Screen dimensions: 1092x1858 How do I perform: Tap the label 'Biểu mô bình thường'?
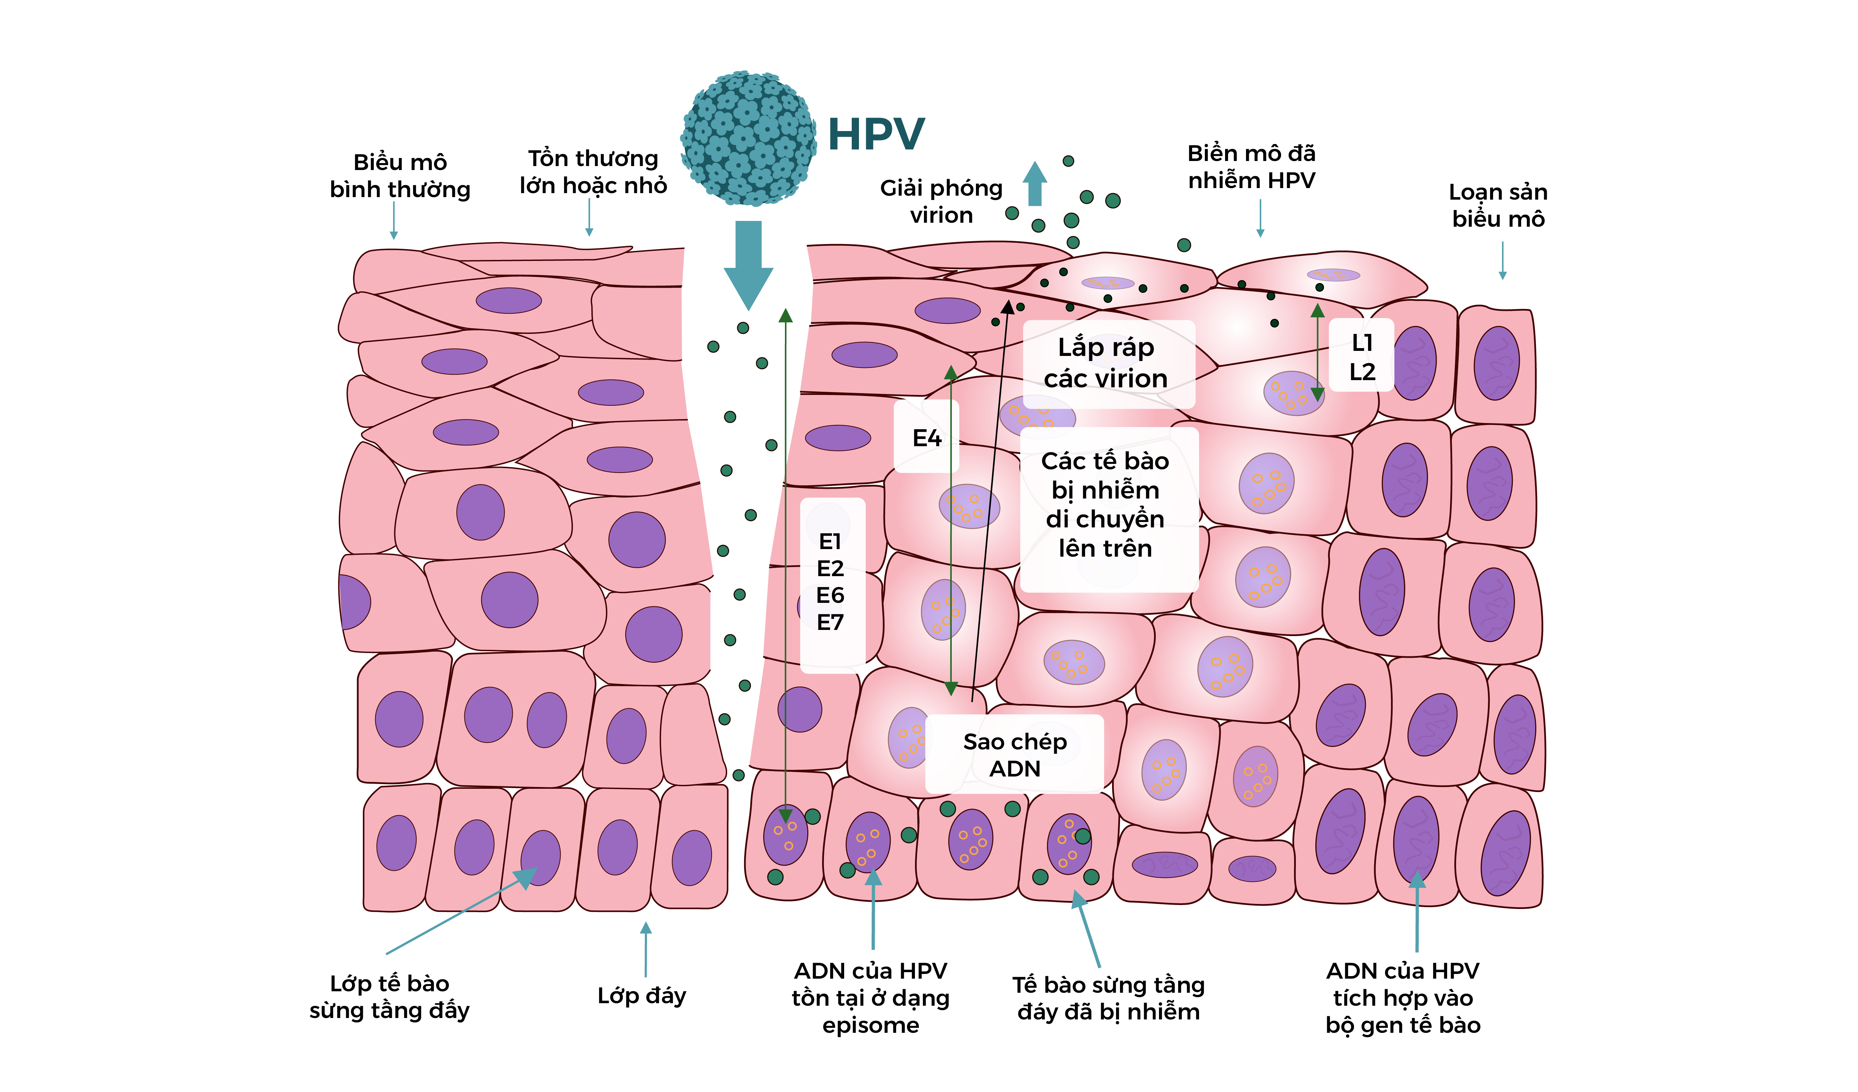click(x=400, y=175)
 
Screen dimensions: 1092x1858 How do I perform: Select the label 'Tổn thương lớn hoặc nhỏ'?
click(x=593, y=172)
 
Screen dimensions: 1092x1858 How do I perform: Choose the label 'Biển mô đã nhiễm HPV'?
click(x=1251, y=167)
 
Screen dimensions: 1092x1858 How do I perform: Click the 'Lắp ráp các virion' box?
click(x=1106, y=363)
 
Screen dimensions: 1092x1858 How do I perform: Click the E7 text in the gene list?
click(x=830, y=622)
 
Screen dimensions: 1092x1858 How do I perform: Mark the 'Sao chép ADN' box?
click(x=1015, y=755)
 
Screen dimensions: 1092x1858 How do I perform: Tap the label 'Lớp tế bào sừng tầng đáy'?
click(x=389, y=996)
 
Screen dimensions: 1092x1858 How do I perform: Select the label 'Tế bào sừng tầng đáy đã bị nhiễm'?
click(x=1108, y=998)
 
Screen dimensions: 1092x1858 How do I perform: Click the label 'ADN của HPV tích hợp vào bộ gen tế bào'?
click(x=1402, y=998)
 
